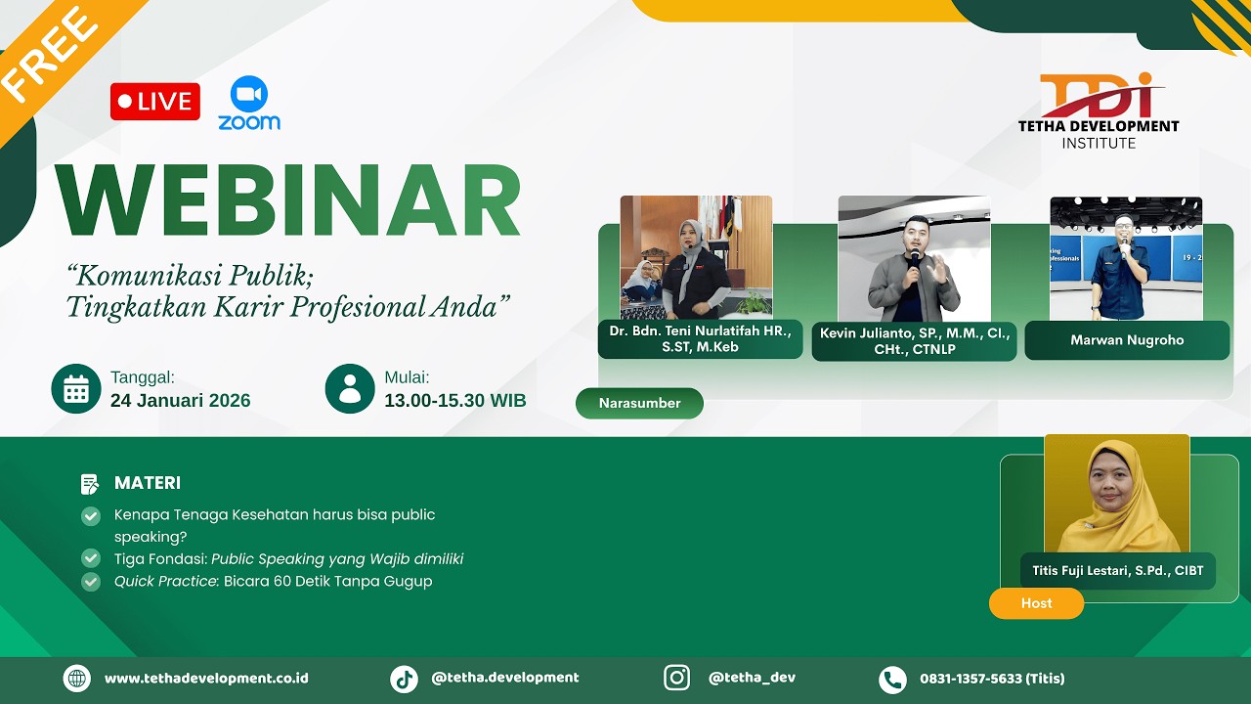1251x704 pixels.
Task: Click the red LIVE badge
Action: click(x=154, y=102)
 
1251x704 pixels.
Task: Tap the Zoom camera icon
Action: click(x=249, y=94)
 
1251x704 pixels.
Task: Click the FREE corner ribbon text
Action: click(x=49, y=55)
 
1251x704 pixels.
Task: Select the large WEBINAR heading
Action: click(x=288, y=201)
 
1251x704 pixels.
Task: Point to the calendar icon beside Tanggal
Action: click(x=76, y=389)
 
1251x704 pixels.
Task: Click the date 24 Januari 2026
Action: click(x=180, y=401)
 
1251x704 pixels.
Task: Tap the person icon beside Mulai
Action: click(x=350, y=389)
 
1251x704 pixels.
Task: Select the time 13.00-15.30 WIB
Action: click(x=454, y=401)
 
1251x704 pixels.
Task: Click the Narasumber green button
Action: click(x=639, y=403)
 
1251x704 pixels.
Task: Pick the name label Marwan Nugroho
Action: click(x=1127, y=340)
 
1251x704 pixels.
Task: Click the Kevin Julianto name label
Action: click(x=914, y=341)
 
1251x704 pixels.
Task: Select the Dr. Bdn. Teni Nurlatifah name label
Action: click(x=700, y=338)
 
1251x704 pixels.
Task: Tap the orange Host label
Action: click(x=1036, y=603)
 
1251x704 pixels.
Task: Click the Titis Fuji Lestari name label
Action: click(x=1117, y=570)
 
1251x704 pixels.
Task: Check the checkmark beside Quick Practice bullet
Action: click(x=91, y=582)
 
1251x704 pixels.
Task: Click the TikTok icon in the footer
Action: click(x=404, y=679)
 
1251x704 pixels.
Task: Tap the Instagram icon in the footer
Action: click(x=676, y=678)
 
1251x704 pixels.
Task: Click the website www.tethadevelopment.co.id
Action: click(x=206, y=679)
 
